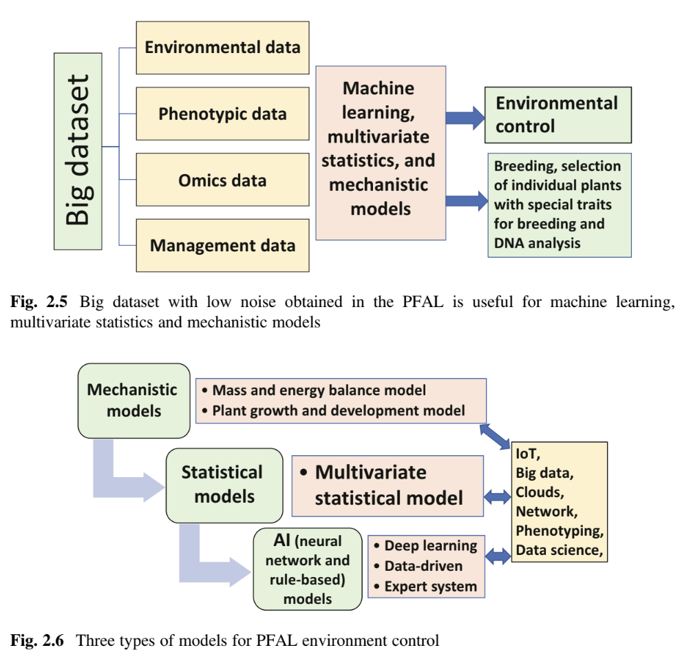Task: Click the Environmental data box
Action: coord(222,48)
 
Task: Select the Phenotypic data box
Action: coord(222,114)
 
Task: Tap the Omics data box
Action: coord(222,181)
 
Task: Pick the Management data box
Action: coord(222,245)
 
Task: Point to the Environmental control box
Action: coord(557,114)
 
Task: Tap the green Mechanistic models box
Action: coord(134,400)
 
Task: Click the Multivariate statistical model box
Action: coord(388,485)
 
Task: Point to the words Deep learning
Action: coord(430,546)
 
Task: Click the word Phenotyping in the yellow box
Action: coord(559,531)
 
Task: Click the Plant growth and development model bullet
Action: coord(338,410)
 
